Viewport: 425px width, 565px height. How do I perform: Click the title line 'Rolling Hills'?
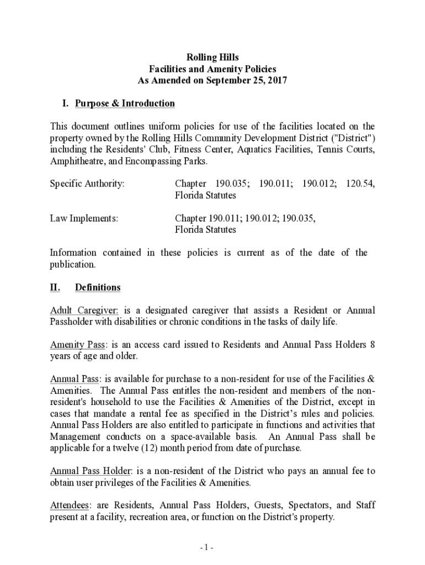(212, 57)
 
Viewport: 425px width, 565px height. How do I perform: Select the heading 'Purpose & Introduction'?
(125, 104)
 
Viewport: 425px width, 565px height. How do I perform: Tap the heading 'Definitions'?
(98, 287)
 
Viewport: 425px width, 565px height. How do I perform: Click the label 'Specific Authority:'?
(87, 184)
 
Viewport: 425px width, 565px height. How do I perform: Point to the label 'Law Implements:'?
(84, 218)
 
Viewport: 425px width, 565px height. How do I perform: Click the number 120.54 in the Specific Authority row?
(360, 184)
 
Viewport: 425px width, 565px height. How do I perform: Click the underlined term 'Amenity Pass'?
(77, 345)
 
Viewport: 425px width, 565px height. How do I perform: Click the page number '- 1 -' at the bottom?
(207, 547)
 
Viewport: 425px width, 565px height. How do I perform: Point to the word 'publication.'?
(73, 264)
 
